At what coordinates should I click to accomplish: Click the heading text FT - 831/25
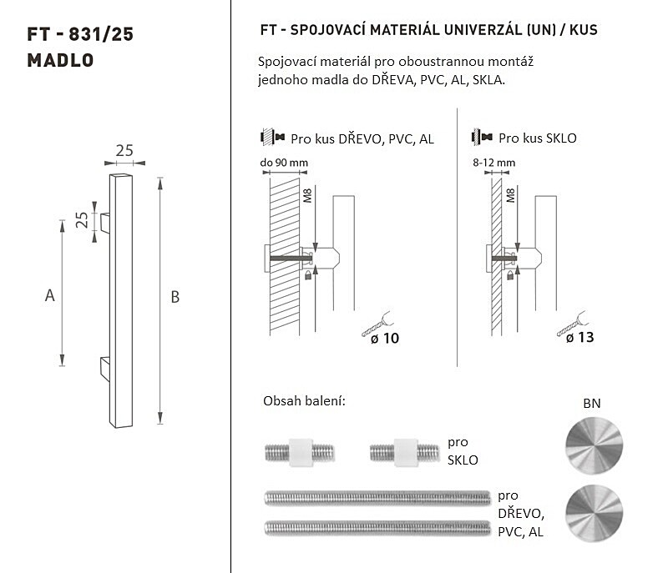click(80, 34)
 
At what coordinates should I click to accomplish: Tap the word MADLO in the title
click(60, 60)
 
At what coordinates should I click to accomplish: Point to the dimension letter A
click(50, 295)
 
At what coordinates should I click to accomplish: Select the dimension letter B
click(175, 297)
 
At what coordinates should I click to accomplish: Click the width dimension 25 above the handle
click(124, 151)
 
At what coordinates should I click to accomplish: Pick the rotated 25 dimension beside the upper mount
click(82, 220)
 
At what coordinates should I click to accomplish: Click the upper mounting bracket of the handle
click(105, 224)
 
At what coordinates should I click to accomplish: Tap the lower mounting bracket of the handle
click(105, 367)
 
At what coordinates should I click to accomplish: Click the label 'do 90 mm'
click(284, 163)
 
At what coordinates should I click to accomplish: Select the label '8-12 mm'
click(493, 163)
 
